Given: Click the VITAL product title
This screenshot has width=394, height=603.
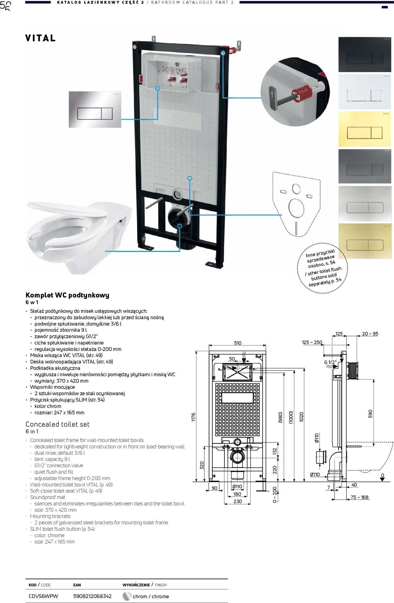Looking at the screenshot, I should point(40,38).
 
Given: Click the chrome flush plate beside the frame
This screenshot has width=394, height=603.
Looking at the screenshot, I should point(95,109).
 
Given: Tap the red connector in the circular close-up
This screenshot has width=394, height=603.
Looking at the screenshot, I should point(303,91).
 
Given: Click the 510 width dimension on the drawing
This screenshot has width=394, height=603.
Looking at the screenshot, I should point(238,343).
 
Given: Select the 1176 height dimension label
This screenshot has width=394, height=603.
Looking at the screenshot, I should point(193,417).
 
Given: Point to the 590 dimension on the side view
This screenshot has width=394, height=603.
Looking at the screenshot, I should point(370,414).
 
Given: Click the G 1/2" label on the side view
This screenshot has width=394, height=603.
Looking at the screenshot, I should point(330,362).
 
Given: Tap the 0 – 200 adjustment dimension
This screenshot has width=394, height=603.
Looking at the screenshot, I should point(275,494).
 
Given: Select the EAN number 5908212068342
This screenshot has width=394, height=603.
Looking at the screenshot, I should point(92,596).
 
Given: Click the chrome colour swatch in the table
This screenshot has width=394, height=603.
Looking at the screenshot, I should point(127,596).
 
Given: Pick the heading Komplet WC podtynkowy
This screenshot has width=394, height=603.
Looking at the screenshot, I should point(67,295).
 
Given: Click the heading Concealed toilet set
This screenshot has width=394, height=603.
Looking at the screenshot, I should point(57,424).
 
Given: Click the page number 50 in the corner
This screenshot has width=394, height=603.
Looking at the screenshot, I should point(6,6).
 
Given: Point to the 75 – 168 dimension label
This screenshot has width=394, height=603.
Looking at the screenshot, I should point(359,497).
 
